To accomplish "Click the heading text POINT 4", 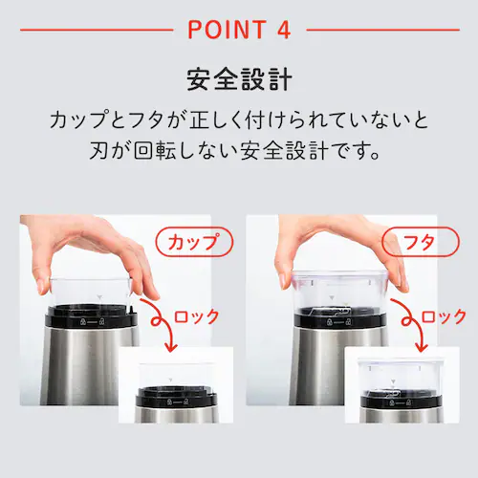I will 238,29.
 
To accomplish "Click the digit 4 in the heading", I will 283,29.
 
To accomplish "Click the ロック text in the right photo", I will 444,316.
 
